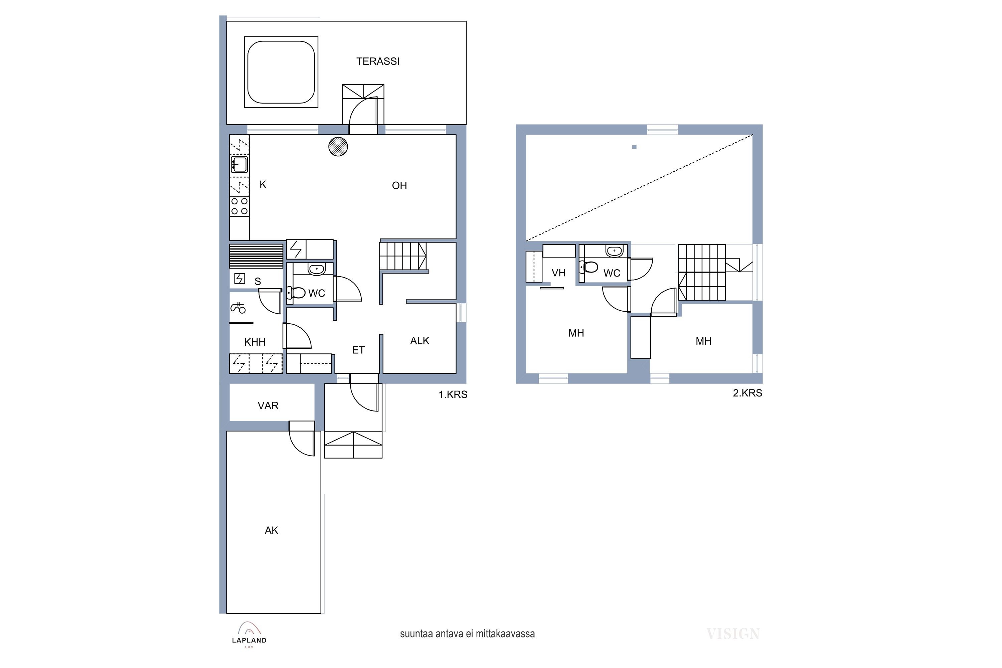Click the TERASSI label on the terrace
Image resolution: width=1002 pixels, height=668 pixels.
(x=378, y=61)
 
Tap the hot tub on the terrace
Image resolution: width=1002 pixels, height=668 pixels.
(x=281, y=72)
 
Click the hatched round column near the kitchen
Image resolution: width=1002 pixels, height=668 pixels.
(x=338, y=147)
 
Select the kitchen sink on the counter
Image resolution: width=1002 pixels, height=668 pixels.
(x=239, y=164)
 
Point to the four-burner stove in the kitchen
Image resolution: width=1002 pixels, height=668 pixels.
(x=239, y=206)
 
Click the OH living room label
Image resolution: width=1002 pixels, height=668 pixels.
(x=399, y=185)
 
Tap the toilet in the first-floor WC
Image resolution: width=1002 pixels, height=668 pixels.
(x=296, y=293)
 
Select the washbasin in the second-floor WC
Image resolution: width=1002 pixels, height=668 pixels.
(x=614, y=252)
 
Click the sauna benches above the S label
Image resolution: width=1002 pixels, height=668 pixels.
(x=257, y=256)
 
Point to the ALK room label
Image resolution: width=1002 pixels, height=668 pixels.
(x=420, y=341)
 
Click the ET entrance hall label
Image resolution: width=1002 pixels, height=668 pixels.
(x=358, y=350)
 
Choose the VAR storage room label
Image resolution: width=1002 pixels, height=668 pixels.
(x=268, y=405)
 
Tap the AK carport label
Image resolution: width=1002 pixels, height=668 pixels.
(x=271, y=530)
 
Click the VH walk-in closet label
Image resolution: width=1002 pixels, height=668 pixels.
(x=558, y=273)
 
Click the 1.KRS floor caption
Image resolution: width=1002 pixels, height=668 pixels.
(x=453, y=394)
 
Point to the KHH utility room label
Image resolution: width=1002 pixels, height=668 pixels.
(x=255, y=342)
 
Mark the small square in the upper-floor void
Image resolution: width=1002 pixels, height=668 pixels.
(x=634, y=147)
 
